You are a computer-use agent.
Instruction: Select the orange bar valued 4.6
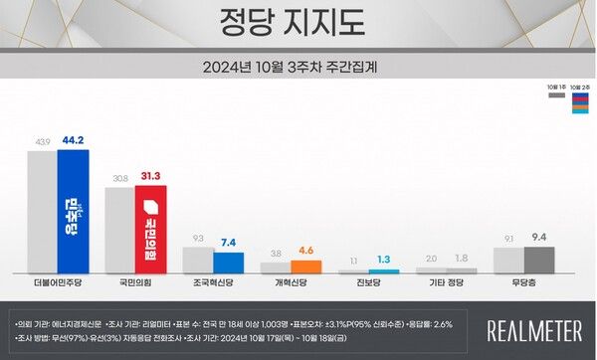click(x=306, y=267)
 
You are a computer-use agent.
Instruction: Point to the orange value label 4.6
click(x=306, y=253)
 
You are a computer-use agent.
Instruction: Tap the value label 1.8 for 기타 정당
click(x=462, y=260)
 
